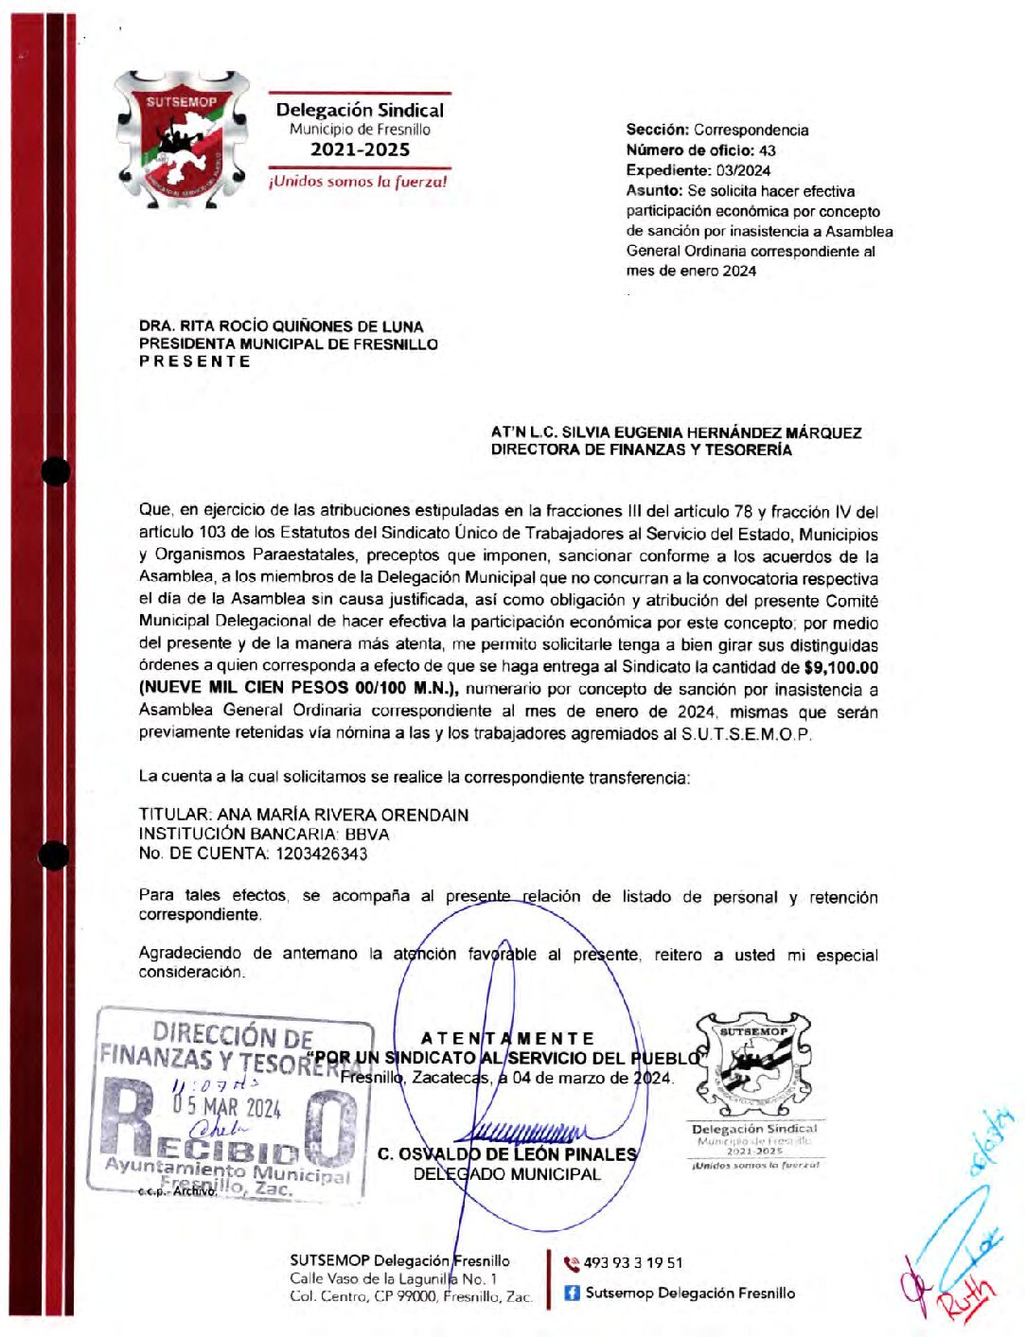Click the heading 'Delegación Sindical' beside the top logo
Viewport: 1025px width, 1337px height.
[x=360, y=110]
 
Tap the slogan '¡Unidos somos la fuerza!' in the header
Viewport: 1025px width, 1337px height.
[x=358, y=181]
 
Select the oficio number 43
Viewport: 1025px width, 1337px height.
[x=768, y=150]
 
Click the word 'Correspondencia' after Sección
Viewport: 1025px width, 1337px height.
[x=751, y=130]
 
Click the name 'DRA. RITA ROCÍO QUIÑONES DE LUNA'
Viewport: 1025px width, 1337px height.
[x=281, y=325]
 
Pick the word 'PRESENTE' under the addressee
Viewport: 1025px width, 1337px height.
[x=195, y=361]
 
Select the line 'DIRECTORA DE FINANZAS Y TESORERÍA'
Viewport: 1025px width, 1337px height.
[x=641, y=450]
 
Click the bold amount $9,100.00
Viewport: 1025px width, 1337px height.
[x=840, y=668]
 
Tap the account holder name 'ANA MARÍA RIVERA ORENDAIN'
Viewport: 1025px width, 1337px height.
[x=343, y=815]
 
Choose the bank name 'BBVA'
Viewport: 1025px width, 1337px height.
[x=366, y=835]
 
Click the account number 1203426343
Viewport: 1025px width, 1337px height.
[x=322, y=853]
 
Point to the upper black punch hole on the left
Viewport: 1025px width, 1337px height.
[x=55, y=470]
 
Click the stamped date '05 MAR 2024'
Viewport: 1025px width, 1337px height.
[x=227, y=1106]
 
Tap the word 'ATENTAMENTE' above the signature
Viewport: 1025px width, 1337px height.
[x=507, y=1038]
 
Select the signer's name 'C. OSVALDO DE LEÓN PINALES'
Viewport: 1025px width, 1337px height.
[x=507, y=1154]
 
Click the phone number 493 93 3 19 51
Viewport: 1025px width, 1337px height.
[x=632, y=1262]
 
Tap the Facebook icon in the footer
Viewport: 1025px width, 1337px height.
[x=572, y=1293]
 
